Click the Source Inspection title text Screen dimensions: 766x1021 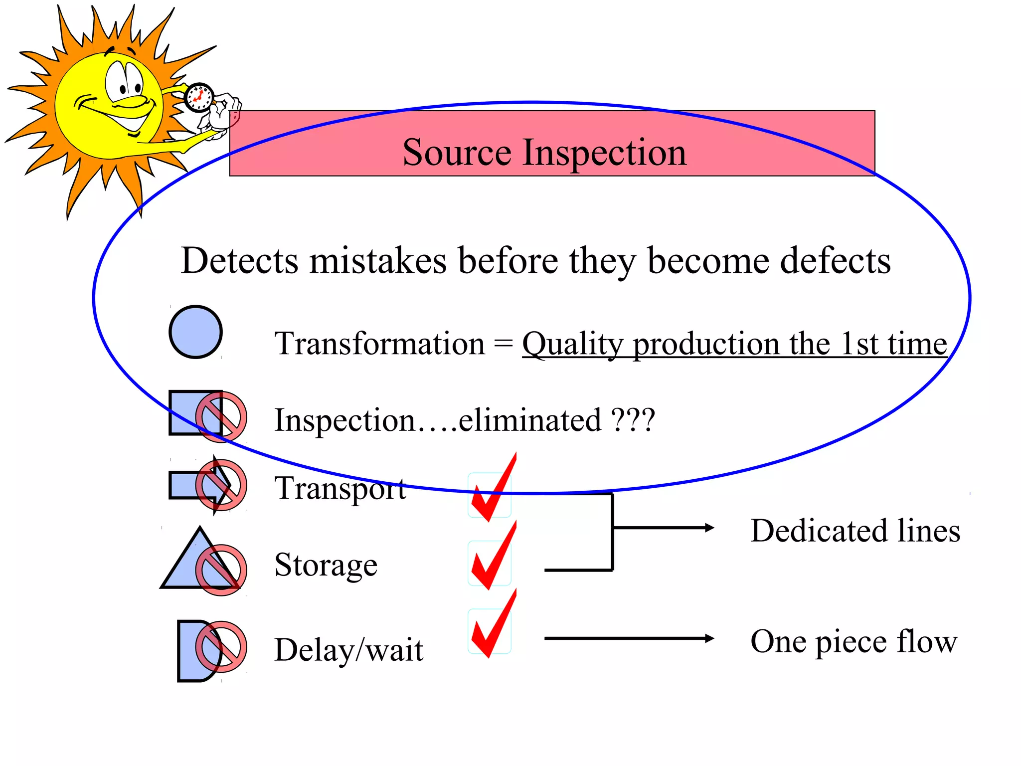tap(544, 152)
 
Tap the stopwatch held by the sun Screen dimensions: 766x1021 tap(199, 98)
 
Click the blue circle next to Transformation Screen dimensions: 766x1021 tap(195, 332)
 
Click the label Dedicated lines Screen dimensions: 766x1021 tap(855, 530)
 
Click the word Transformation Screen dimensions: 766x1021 tap(379, 344)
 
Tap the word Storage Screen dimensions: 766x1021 tap(326, 565)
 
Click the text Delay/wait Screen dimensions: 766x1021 tap(348, 650)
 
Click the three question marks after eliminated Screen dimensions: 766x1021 tap(633, 420)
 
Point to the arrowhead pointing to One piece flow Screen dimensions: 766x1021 tap(709, 638)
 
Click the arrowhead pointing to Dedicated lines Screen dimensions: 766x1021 tap(709, 528)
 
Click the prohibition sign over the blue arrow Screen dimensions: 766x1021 tap(221, 485)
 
